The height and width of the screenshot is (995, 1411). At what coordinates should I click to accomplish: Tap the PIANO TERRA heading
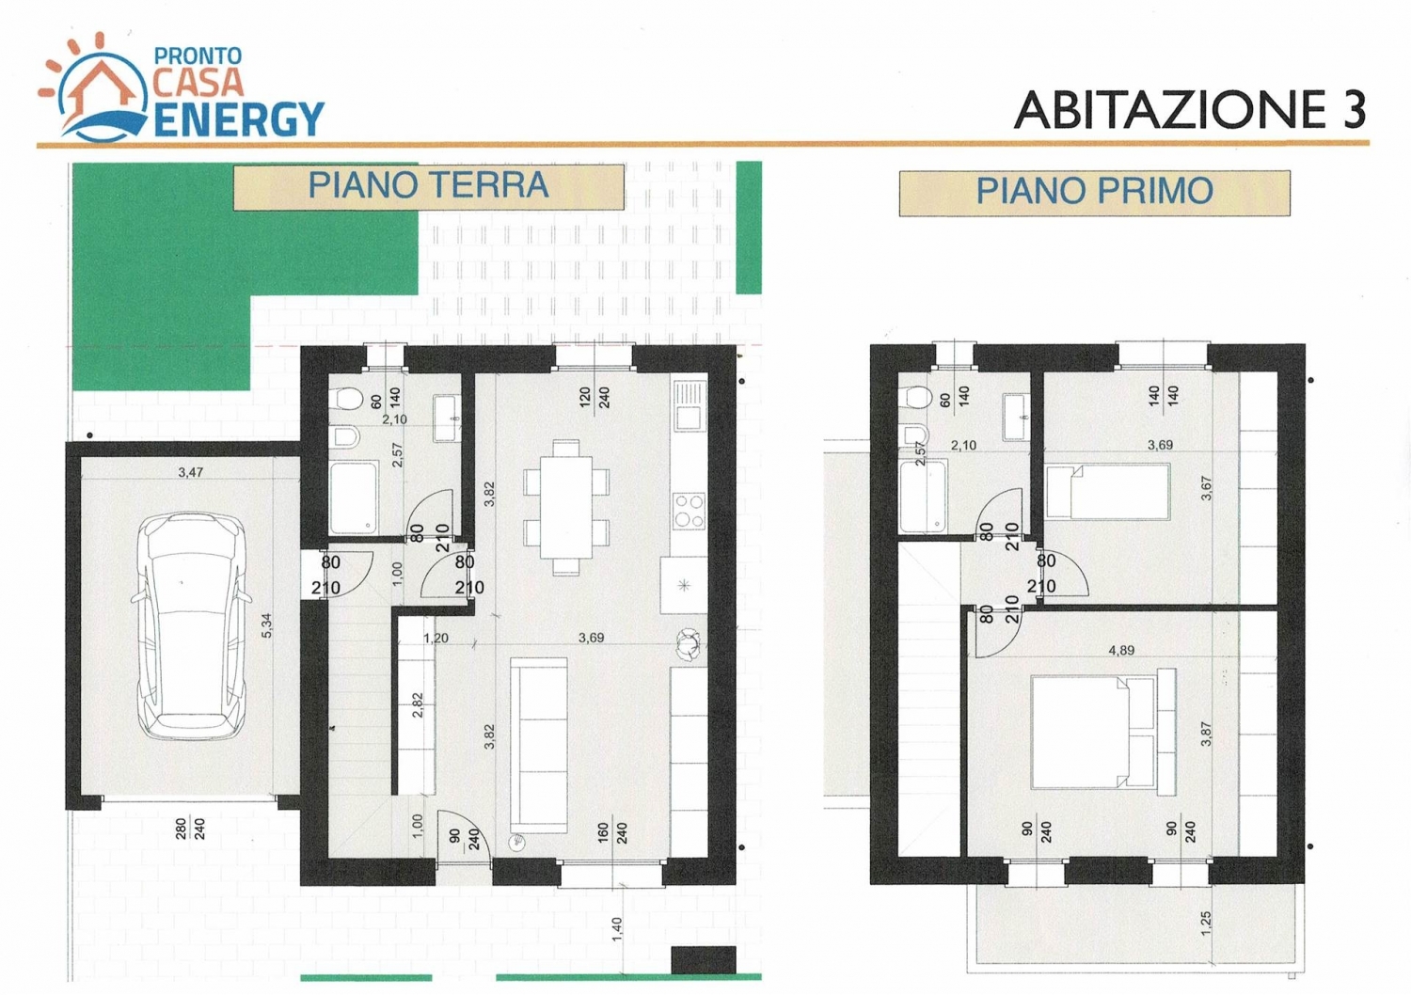428,186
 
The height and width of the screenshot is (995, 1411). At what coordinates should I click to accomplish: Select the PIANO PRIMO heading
1095,192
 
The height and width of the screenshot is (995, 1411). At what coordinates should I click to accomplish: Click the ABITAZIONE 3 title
1190,109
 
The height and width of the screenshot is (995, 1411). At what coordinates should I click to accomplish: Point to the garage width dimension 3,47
190,472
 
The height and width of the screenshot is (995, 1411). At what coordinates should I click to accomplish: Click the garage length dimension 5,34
267,625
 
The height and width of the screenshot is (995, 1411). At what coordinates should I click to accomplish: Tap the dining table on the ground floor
566,508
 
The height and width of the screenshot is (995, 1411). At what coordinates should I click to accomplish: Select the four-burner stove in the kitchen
689,511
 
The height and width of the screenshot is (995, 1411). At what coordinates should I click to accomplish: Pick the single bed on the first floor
1107,491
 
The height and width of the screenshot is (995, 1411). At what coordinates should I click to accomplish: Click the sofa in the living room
539,745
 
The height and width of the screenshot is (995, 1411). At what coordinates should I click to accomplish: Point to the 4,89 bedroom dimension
1121,651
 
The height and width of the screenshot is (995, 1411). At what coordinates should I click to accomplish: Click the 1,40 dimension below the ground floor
617,929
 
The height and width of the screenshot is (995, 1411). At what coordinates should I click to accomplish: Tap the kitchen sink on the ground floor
690,406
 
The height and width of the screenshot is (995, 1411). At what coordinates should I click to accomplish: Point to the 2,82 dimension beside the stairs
418,706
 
